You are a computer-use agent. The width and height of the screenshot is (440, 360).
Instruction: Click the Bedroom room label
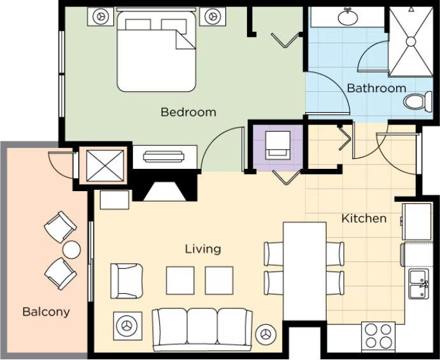[188, 112]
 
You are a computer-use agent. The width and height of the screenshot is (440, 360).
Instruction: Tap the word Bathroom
[376, 88]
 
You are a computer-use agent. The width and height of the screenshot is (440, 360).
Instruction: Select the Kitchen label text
[364, 218]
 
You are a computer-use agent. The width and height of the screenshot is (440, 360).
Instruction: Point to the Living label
[203, 249]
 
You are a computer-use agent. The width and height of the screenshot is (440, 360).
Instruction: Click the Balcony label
[46, 312]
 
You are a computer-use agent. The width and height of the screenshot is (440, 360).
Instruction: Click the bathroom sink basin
[348, 17]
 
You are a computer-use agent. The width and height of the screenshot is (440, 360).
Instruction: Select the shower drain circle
[411, 41]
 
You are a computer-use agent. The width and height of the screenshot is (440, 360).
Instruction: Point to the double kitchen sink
[419, 284]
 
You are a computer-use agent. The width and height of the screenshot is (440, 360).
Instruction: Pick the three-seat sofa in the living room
[202, 329]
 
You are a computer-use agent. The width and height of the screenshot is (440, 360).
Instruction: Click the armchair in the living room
[127, 281]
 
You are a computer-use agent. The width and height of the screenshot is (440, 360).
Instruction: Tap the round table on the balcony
[71, 250]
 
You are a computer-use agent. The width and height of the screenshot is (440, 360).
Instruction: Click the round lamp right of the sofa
[266, 335]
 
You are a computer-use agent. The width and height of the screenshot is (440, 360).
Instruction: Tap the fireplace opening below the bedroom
[164, 192]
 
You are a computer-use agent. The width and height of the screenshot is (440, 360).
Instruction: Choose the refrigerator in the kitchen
[416, 222]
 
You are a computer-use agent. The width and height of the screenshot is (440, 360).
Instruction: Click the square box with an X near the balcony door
[105, 166]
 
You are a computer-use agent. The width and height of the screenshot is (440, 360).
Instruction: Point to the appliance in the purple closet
[278, 145]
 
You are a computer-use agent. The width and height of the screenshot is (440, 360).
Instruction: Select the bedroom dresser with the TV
[165, 157]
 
